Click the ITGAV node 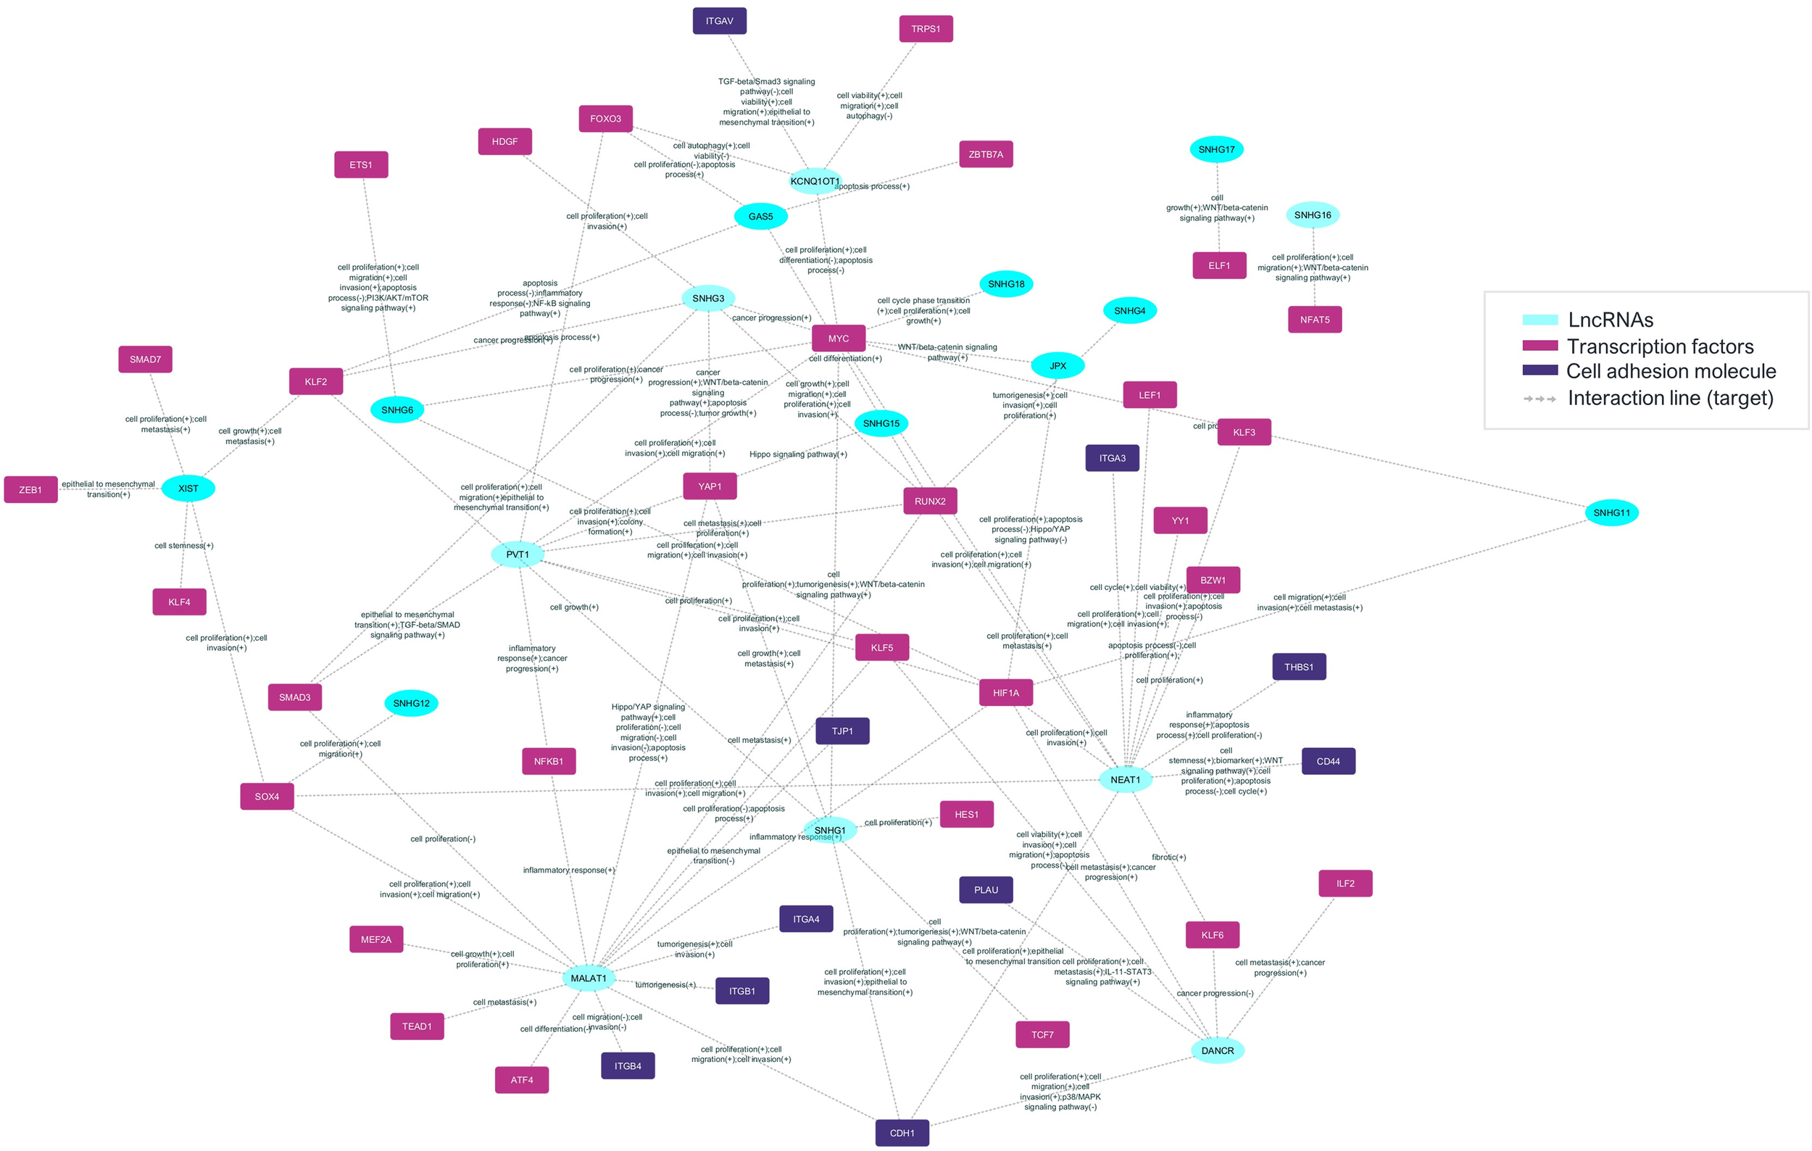[720, 21]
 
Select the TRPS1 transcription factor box [926, 29]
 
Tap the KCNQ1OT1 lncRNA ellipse [814, 181]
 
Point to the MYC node [839, 338]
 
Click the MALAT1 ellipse [589, 978]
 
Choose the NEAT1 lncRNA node [1125, 779]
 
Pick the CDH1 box [902, 1133]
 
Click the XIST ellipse [188, 489]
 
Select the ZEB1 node [31, 490]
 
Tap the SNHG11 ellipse [1611, 513]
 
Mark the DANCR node [1217, 1050]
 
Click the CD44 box [1328, 761]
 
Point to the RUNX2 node [930, 501]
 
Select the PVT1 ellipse [517, 554]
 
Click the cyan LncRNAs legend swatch [1539, 320]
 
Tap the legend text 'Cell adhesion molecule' [1671, 371]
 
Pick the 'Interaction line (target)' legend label [1670, 398]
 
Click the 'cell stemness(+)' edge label [183, 545]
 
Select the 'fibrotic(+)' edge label [1168, 857]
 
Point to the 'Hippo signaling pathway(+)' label [797, 454]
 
